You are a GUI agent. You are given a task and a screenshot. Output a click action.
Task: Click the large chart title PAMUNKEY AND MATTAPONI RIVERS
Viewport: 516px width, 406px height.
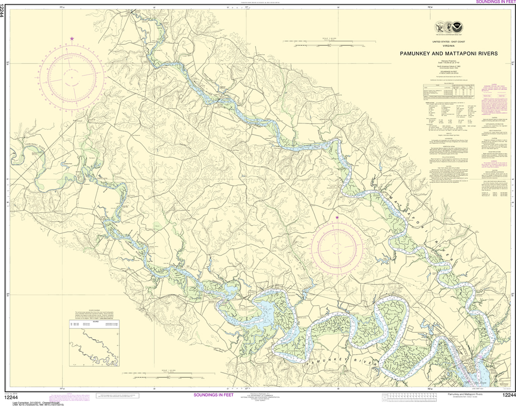pos(448,53)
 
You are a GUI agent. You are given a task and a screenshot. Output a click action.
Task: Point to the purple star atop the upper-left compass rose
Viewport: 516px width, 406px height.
pos(72,39)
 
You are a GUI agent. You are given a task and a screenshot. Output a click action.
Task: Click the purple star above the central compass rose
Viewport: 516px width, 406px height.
pos(337,218)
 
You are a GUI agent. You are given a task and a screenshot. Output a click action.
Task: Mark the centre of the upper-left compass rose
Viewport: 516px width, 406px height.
pos(72,77)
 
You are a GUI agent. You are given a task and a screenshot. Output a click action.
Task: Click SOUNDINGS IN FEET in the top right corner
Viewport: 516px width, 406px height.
pos(495,3)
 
